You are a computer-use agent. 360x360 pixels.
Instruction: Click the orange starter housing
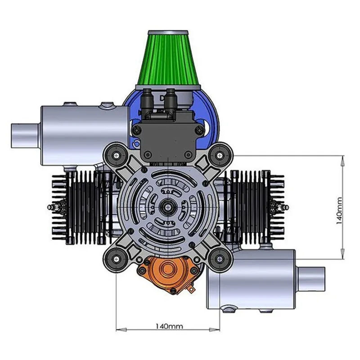167,274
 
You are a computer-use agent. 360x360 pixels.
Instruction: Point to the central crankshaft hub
167,206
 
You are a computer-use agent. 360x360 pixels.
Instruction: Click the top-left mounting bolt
117,155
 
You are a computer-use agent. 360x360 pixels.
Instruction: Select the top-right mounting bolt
219,155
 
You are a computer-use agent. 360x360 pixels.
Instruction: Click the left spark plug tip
49,207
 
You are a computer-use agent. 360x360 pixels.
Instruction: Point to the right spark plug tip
286,207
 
